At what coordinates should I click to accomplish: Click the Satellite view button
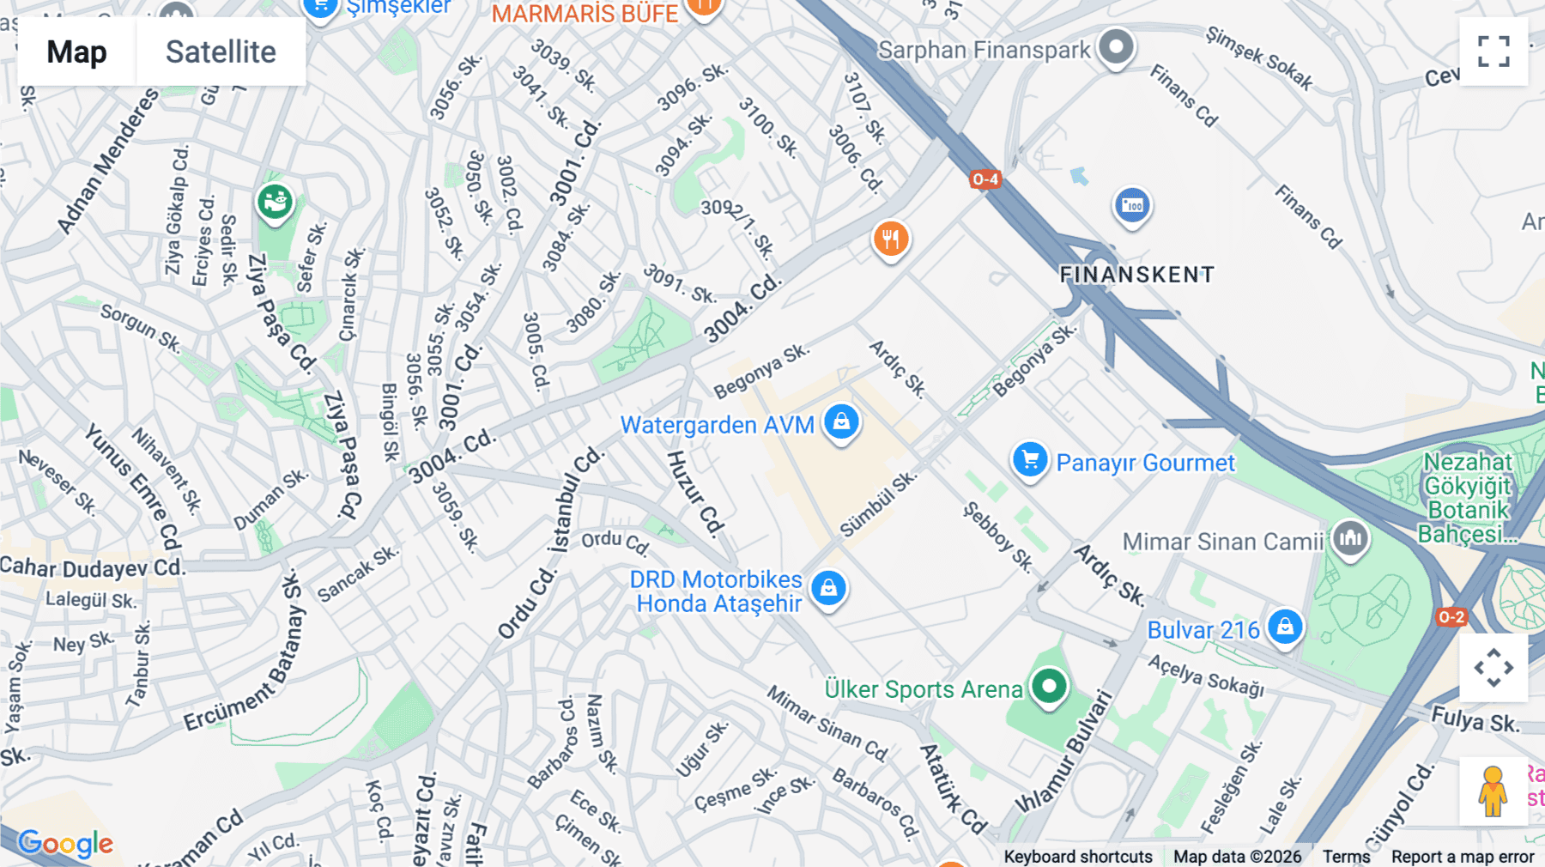221,52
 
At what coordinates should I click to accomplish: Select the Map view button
76,52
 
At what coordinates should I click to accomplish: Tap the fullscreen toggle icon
1493,52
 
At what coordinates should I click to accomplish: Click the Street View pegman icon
1493,791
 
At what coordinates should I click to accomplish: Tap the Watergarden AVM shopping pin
841,422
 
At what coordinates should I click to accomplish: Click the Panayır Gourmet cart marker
1029,460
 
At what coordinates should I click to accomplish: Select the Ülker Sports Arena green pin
1049,686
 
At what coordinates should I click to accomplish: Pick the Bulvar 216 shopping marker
1285,628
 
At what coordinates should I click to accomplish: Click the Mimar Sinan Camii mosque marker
1350,539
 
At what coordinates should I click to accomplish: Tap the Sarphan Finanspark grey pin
1116,46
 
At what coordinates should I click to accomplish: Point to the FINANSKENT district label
1136,275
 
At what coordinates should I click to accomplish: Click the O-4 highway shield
985,179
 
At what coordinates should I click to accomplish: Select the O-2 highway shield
1451,617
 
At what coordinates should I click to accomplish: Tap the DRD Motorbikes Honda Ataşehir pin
828,588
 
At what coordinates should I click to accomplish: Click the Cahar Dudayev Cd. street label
93,568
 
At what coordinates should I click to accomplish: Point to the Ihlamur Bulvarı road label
1063,752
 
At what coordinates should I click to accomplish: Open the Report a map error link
1463,857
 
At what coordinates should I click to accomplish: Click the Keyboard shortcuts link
1078,857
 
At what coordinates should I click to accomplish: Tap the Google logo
65,844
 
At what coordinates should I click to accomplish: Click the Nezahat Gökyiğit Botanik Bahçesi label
1466,498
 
